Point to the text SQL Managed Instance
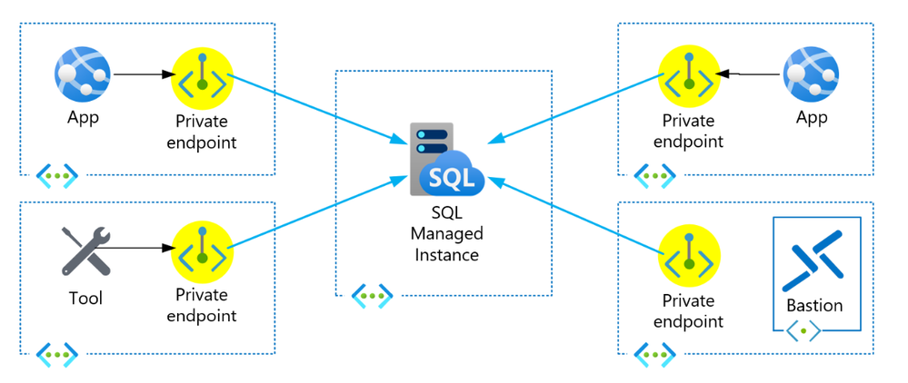[447, 233]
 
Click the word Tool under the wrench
[85, 299]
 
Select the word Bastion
[814, 305]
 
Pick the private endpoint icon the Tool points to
[202, 248]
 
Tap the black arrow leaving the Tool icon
[141, 248]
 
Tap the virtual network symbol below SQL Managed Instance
[372, 295]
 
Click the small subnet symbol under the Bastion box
[804, 332]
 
